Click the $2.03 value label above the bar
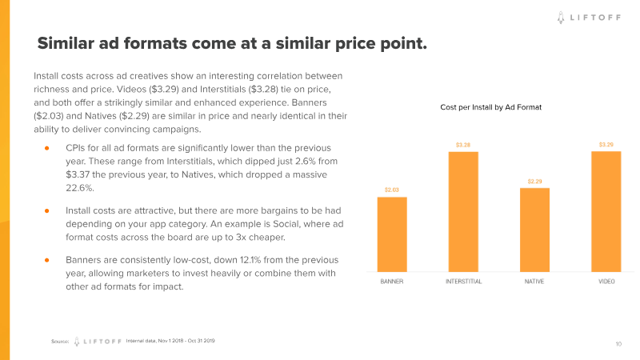(392, 190)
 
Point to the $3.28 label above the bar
(463, 145)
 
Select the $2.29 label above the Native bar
(534, 182)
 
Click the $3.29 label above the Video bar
(606, 145)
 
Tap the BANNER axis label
(391, 282)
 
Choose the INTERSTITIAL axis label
(463, 282)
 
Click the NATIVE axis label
(534, 282)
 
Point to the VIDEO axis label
(606, 282)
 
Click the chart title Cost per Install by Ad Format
(491, 106)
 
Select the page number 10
(618, 343)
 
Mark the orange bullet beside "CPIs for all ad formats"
(47, 149)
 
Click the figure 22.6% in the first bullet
(80, 187)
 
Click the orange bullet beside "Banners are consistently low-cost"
(47, 261)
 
